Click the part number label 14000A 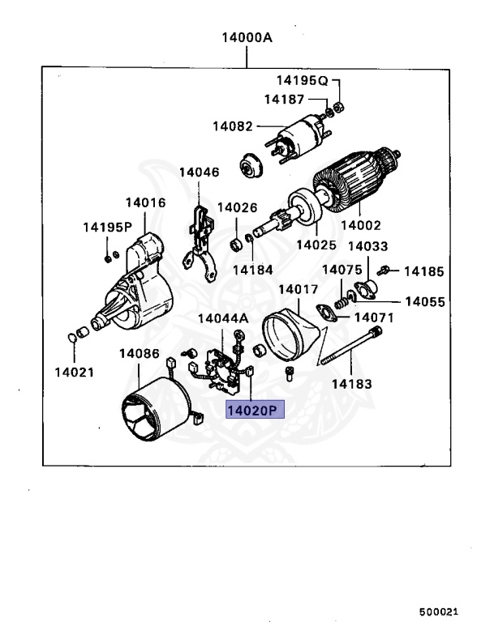247,37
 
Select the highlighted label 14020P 252,411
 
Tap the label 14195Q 301,80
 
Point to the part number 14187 284,100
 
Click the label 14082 234,126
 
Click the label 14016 145,203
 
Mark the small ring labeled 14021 73,336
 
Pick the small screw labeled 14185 390,270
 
